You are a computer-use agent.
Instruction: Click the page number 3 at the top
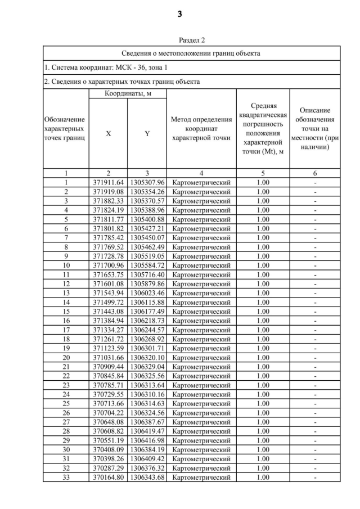180,15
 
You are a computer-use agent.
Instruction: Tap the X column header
108,134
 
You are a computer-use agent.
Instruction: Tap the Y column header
147,134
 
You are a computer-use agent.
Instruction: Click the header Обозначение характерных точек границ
66,129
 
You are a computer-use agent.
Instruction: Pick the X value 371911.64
108,182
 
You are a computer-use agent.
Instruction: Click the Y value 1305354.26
147,192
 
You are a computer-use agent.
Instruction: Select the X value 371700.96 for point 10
108,265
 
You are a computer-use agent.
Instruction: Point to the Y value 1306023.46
147,293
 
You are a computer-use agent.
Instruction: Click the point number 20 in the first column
66,357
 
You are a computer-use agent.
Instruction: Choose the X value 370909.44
108,367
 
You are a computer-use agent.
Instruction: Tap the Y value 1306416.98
147,440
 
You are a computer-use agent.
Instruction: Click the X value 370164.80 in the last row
108,478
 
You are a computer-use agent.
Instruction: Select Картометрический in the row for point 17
201,330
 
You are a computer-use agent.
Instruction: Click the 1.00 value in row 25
263,403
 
